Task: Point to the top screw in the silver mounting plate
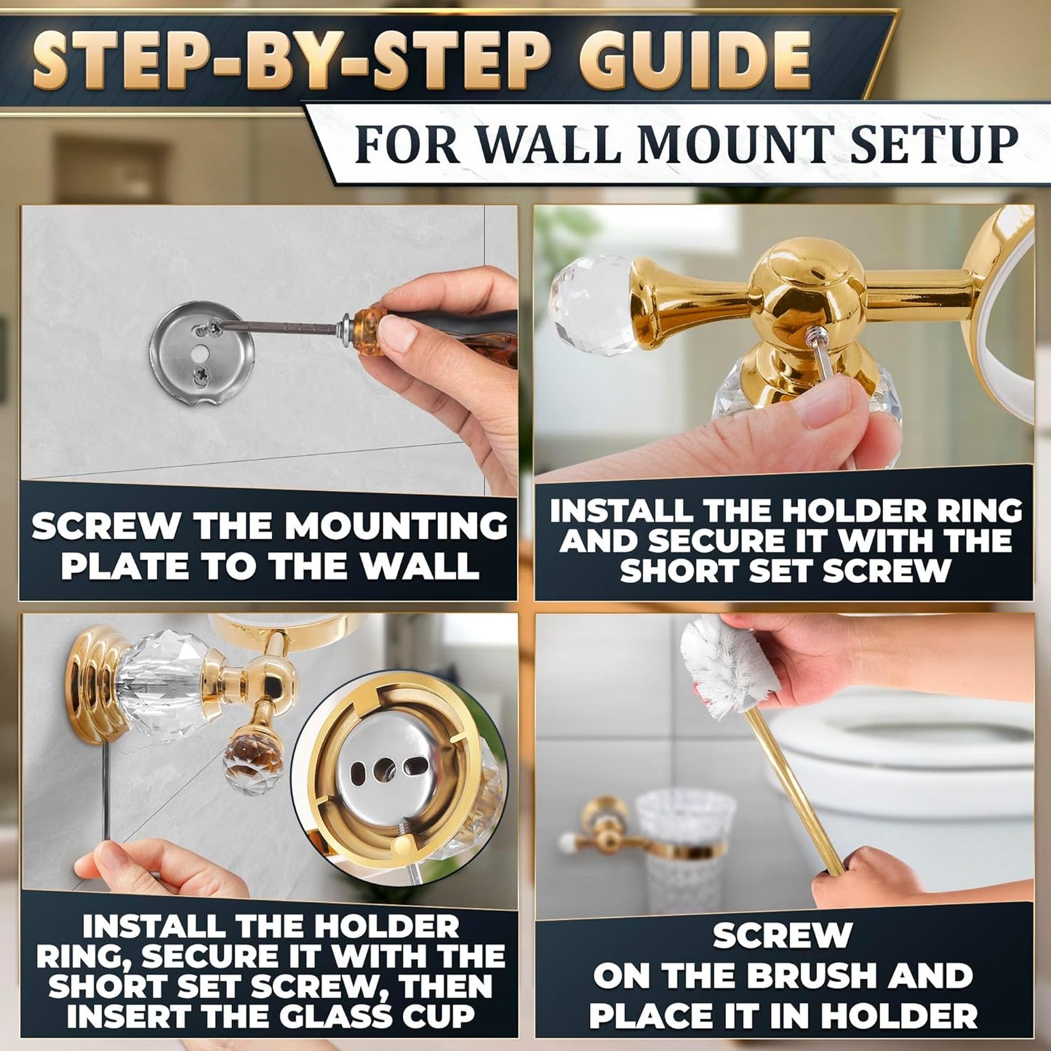point(212,329)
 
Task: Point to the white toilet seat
point(909,735)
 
